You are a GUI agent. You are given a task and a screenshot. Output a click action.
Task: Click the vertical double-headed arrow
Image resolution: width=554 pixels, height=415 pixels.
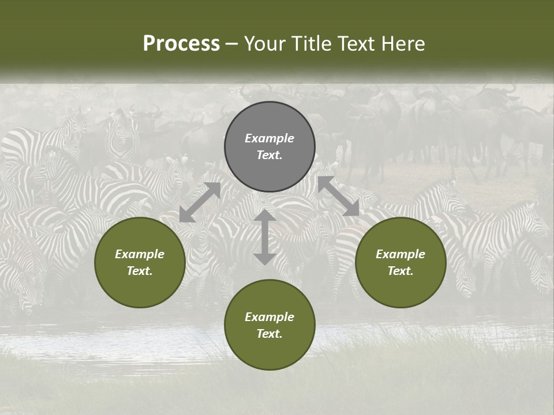coord(264,237)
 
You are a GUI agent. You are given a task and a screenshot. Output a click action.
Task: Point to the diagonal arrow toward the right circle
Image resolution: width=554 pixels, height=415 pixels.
coord(338,197)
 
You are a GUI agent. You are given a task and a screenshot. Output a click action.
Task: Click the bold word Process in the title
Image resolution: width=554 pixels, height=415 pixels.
coord(181,43)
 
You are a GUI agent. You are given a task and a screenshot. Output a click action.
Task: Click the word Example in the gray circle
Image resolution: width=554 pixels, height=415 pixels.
coord(269,138)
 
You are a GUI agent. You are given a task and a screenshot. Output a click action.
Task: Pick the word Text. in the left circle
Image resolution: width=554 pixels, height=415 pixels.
coord(140,271)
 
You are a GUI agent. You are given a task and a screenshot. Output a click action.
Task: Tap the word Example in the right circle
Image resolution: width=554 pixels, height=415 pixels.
coord(400,254)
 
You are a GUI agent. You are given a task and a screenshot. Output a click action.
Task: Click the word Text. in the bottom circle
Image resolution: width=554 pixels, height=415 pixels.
coord(269,334)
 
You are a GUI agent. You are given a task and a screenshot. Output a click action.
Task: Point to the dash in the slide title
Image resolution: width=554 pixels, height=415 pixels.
coord(232,44)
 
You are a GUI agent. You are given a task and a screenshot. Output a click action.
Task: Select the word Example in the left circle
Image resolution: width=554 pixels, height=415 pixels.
coord(140,254)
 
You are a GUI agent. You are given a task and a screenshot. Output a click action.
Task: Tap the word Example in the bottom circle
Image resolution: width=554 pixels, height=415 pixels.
coord(269,317)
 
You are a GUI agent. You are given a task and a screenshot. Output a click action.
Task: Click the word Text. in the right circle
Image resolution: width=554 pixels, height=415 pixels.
coord(400,271)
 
